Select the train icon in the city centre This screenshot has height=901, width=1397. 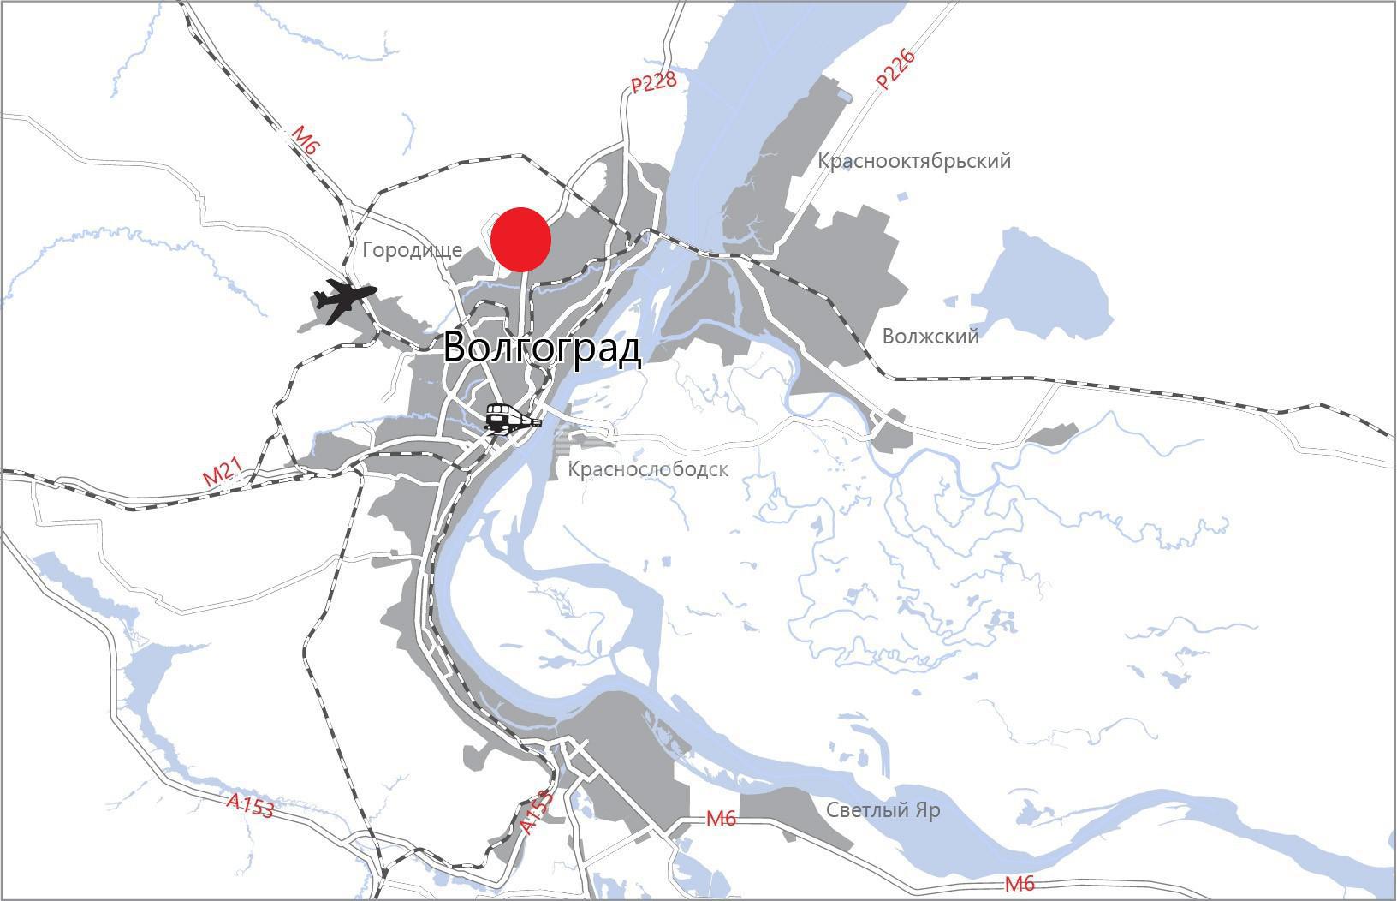click(511, 419)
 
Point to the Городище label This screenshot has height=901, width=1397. click(412, 250)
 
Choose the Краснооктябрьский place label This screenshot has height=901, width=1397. click(913, 161)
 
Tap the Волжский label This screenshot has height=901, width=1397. click(930, 336)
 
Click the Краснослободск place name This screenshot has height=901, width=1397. click(648, 469)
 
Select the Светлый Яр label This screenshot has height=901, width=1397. click(883, 810)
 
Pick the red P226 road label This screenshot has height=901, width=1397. click(895, 70)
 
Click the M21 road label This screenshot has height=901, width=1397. click(223, 474)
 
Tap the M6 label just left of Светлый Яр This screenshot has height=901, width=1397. click(721, 819)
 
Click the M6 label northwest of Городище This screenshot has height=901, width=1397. click(306, 139)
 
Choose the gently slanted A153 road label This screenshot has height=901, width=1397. click(250, 805)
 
